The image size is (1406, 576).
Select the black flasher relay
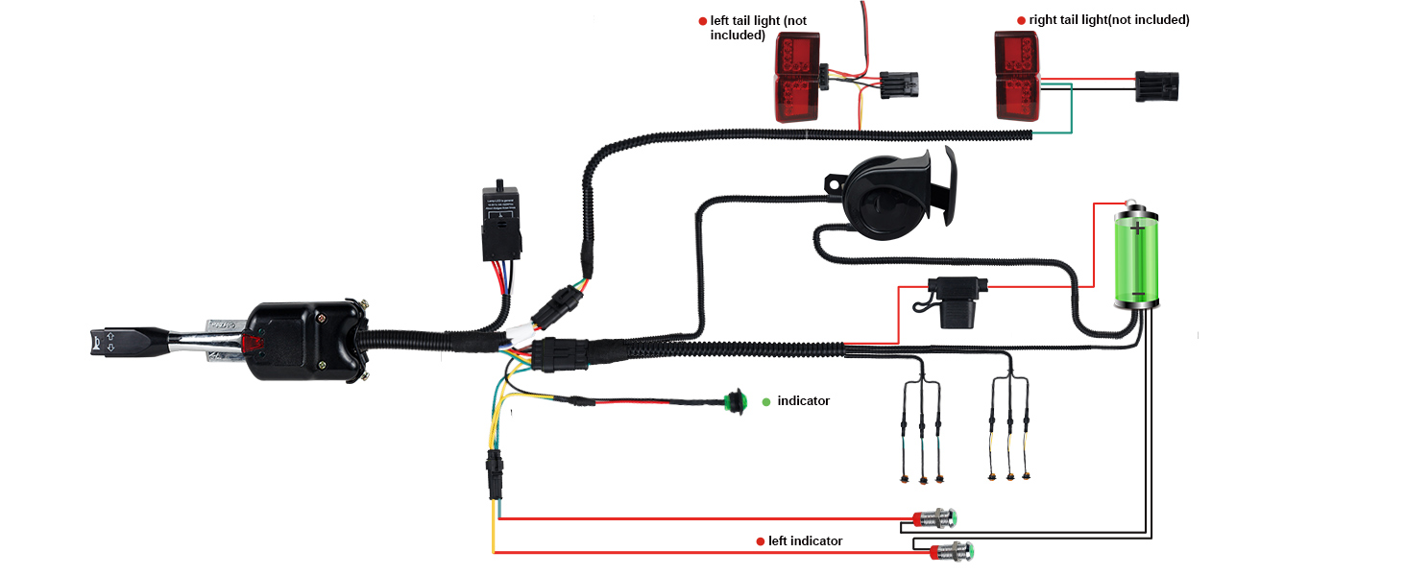504,222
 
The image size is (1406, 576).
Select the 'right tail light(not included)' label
1108,19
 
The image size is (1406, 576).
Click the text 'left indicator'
805,541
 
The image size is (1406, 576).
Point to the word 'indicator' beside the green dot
803,400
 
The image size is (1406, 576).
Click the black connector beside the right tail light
1156,85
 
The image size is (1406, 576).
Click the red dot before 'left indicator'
760,541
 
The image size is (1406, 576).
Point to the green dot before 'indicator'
765,401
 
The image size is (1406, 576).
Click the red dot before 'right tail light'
1021,20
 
